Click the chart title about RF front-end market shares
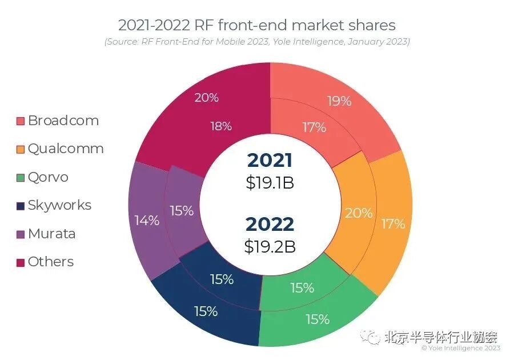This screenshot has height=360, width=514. coord(256,25)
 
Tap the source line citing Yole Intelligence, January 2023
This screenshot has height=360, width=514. coord(256,42)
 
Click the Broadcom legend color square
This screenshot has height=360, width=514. coord(21,121)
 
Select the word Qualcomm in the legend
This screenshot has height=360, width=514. coord(65,149)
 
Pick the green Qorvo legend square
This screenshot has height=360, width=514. coord(21,177)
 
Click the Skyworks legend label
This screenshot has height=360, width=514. coord(59,205)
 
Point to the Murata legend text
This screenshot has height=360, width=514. coord(51,234)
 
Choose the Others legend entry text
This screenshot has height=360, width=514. coord(50,262)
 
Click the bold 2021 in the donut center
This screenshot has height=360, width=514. coord(270,161)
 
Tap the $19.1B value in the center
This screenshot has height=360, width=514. coord(270,183)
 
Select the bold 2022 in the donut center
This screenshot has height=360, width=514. coord(270,224)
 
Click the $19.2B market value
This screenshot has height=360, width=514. coord(270,246)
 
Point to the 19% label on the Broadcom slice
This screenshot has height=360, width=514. coord(339,101)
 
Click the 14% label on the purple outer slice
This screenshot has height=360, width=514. coord(147,220)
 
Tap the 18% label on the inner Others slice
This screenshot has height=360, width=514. coord(220,126)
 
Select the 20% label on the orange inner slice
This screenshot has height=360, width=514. coord(359,213)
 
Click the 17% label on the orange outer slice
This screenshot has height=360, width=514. coord(393,223)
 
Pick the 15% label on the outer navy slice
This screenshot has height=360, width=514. coord(206,311)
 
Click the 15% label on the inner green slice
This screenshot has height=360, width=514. coord(302,288)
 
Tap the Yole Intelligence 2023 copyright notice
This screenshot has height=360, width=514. coord(461,348)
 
